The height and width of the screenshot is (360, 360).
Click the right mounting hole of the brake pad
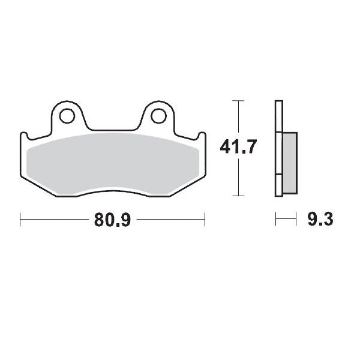pyautogui.click(x=159, y=114)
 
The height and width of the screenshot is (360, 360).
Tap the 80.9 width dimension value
pyautogui.click(x=112, y=220)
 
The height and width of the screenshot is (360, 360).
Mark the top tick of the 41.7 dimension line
pyautogui.click(x=239, y=100)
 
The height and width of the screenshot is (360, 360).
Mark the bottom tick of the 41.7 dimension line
pyautogui.click(x=239, y=196)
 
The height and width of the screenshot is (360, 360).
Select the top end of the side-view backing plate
pyautogui.click(x=278, y=101)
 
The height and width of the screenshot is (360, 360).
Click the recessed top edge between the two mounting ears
pyautogui.click(x=114, y=129)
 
